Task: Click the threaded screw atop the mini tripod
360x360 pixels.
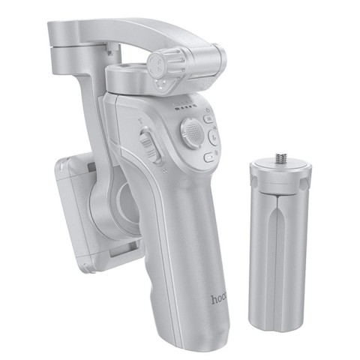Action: (x=280, y=160)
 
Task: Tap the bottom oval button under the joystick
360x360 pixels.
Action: (x=208, y=157)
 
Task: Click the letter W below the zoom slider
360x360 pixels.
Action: (x=152, y=157)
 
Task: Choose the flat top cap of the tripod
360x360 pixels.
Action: (x=279, y=171)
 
